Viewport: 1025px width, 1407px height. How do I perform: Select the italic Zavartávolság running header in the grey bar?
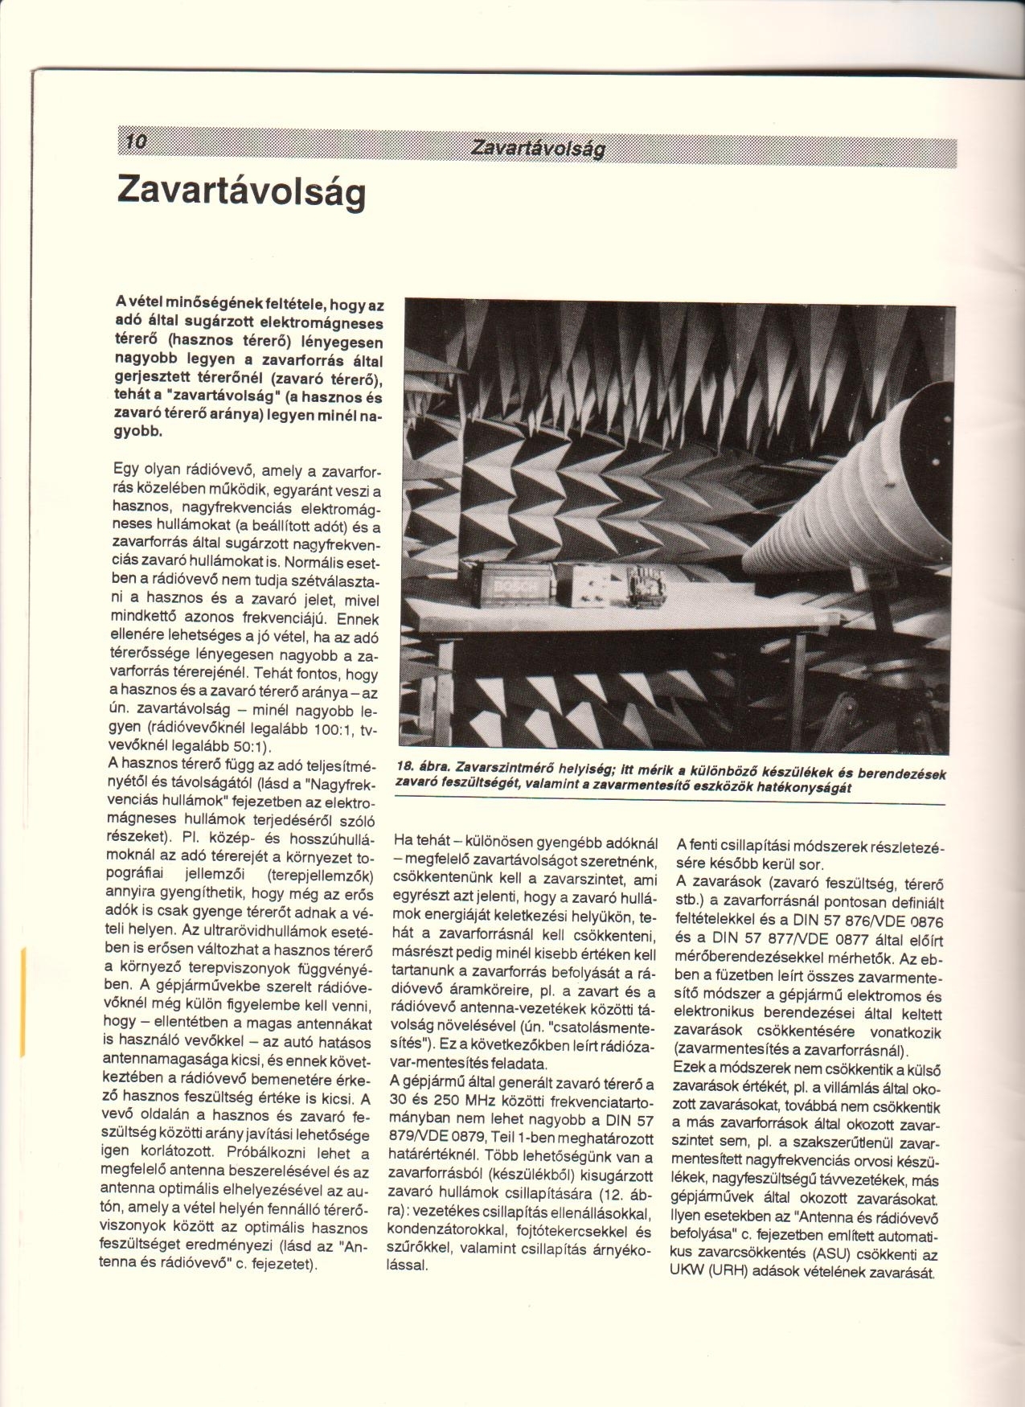click(x=537, y=149)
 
